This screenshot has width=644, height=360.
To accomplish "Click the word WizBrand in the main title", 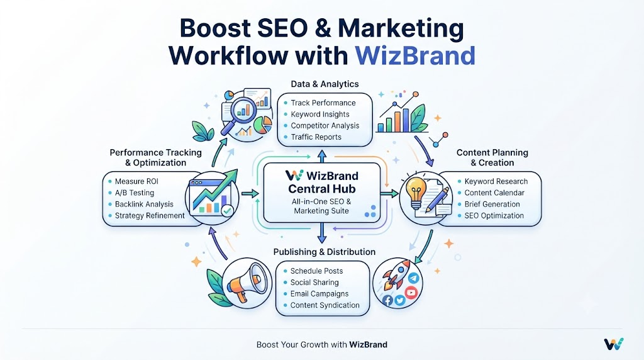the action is [x=415, y=55].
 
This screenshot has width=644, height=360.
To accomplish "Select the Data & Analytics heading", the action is [x=325, y=84].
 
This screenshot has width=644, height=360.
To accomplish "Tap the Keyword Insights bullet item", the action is [x=320, y=115].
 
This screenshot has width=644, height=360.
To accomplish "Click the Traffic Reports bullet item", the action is [x=316, y=137].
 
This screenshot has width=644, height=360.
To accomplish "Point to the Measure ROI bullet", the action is [x=136, y=181].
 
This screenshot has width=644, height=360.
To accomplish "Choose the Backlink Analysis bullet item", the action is [x=144, y=205].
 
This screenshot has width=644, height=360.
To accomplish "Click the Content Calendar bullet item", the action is [x=494, y=193].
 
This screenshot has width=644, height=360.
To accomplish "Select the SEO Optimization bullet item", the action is [x=494, y=216].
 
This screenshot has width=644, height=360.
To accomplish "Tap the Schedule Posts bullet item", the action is [x=316, y=271].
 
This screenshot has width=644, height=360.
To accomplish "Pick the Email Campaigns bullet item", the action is [x=319, y=294].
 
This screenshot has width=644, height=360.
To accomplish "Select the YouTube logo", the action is [x=411, y=292].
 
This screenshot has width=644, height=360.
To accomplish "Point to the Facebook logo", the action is [x=387, y=300].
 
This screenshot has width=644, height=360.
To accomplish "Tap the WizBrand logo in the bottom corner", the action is [x=614, y=344].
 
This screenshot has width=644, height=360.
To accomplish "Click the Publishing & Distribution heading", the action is [x=325, y=252].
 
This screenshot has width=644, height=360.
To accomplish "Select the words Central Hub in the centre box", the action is [x=322, y=189].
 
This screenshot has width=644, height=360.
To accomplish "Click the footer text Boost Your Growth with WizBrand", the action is [x=321, y=344].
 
